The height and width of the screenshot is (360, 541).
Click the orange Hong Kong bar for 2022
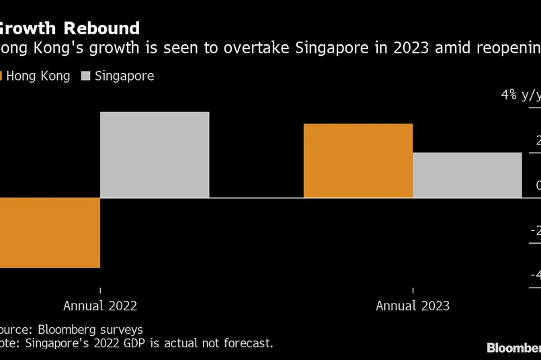pos(50,232)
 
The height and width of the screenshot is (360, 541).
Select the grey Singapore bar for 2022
pos(155,154)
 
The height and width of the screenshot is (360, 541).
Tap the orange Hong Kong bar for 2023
pos(358,161)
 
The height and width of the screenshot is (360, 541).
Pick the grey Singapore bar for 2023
pos(467,175)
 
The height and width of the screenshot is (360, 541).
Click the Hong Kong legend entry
pos(38,76)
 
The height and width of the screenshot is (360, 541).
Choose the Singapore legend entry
pos(124,76)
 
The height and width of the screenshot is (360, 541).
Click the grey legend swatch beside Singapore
pos(86,76)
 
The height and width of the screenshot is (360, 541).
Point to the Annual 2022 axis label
pos(100,306)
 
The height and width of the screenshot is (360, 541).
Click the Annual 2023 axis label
pos(413,306)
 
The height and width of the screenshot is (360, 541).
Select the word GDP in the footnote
pos(144,343)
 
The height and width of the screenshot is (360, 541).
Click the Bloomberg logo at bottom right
pos(513,347)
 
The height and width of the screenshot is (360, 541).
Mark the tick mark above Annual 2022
pos(100,289)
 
